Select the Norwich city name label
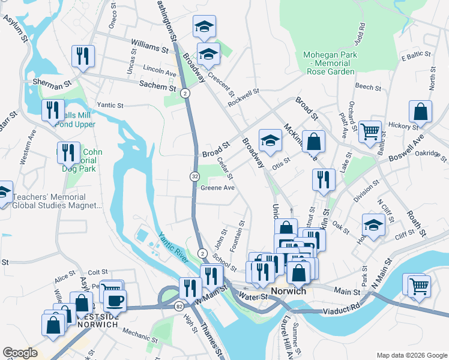point(289,291)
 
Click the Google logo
point(20,353)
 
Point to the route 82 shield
point(179,307)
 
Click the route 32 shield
point(195,176)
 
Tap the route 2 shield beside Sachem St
point(185,93)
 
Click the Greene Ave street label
point(217,188)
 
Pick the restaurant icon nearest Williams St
point(83,56)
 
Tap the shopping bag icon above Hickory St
point(420,111)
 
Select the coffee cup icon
point(115,300)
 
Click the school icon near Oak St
point(373,226)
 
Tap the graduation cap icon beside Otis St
point(270,141)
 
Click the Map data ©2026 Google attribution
point(411,355)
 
